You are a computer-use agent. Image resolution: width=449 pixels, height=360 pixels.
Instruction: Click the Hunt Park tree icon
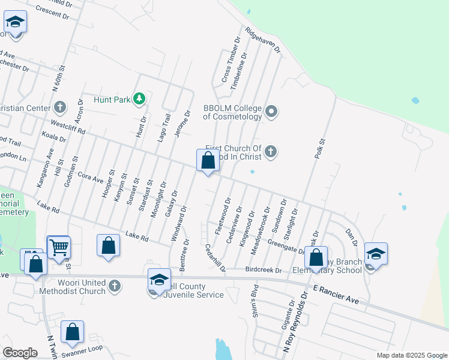click(139, 98)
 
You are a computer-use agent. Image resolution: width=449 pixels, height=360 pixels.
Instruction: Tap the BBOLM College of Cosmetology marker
click(271, 111)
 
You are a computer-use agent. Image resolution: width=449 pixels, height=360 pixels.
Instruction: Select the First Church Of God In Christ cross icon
click(271, 151)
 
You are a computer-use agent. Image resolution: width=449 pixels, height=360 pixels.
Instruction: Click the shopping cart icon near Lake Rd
click(58, 247)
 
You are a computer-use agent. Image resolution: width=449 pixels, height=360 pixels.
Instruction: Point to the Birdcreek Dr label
click(264, 270)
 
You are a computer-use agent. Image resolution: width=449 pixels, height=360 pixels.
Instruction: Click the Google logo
click(20, 353)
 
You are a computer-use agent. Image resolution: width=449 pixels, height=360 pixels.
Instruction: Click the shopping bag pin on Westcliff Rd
click(208, 161)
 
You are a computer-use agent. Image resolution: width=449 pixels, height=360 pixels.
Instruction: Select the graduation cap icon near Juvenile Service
click(159, 280)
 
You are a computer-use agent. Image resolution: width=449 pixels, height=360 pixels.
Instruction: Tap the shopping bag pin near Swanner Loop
click(72, 332)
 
